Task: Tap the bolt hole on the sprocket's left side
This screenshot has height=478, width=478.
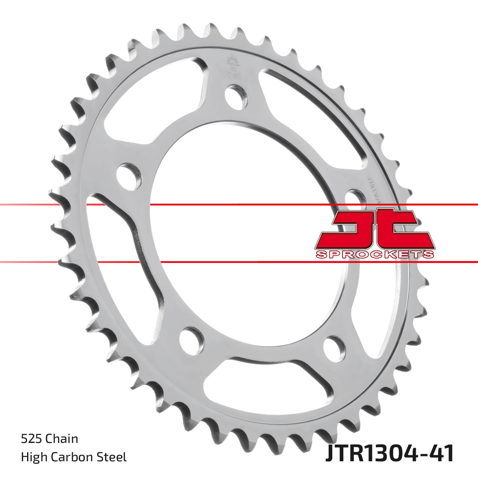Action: pos(130,175)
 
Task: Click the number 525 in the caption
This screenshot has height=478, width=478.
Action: pos(31,439)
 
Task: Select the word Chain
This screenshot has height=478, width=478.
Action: pos(62,439)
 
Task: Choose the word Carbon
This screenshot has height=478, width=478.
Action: pos(73,457)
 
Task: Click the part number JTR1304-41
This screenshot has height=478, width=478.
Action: pos(390,454)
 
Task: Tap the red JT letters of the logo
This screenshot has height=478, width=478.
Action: pos(374,229)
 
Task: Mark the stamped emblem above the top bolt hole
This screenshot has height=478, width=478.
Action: pos(231,66)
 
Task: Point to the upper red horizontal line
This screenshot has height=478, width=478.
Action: pos(239,205)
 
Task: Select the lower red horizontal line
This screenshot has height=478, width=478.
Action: pos(239,262)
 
